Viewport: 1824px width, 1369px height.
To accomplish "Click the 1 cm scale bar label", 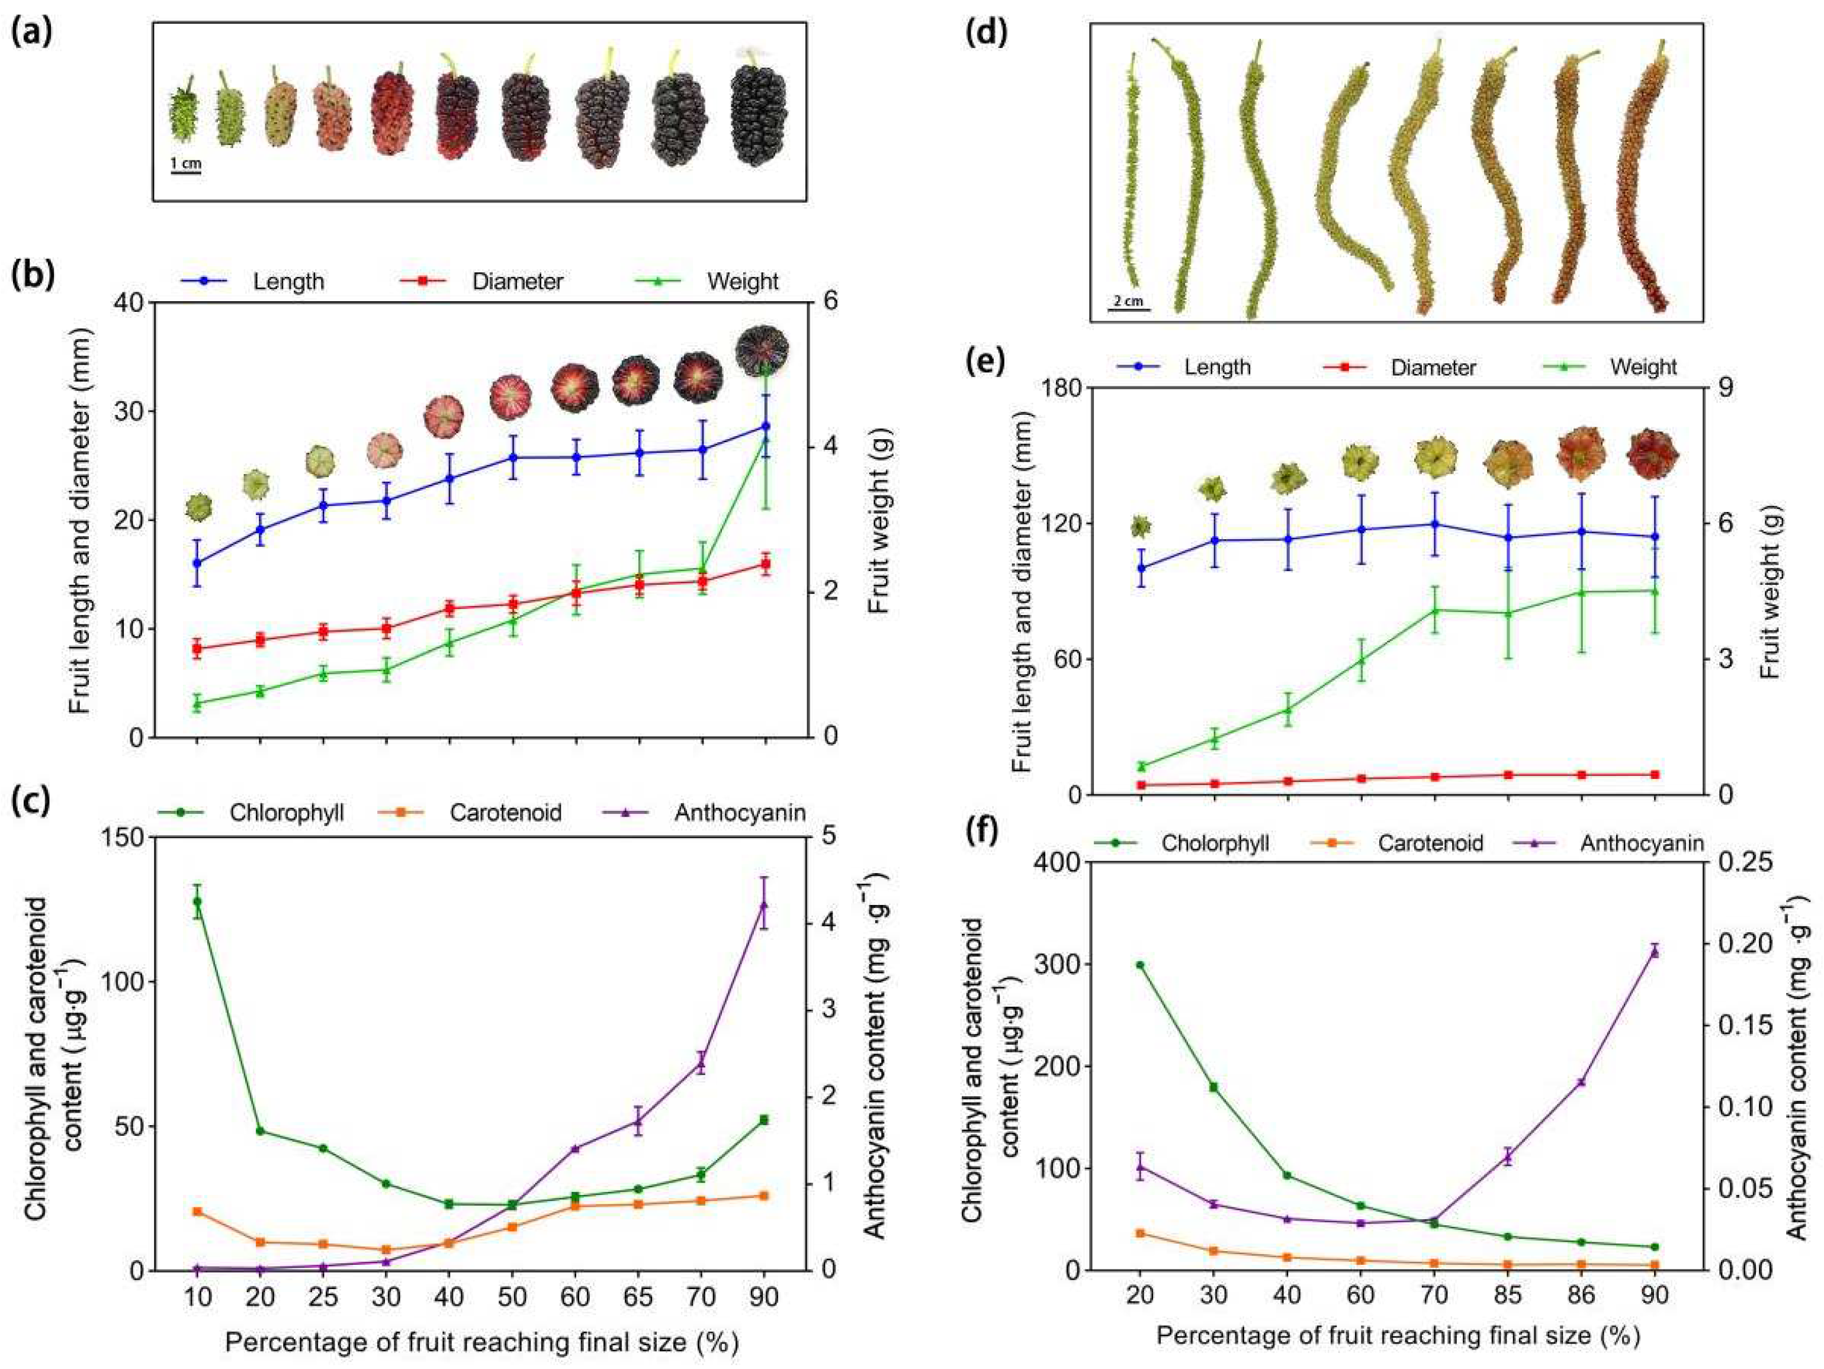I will [185, 163].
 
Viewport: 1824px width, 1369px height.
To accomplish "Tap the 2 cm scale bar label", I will [1128, 301].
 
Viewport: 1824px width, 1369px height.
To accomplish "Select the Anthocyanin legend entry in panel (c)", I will [739, 813].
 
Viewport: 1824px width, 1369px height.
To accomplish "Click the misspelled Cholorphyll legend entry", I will [1215, 843].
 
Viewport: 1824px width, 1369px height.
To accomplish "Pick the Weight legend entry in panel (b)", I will [742, 281].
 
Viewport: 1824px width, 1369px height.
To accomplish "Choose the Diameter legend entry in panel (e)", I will [1433, 367].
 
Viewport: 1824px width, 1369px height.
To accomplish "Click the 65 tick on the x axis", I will [637, 1296].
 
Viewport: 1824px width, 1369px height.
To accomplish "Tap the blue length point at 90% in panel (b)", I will [765, 426].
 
